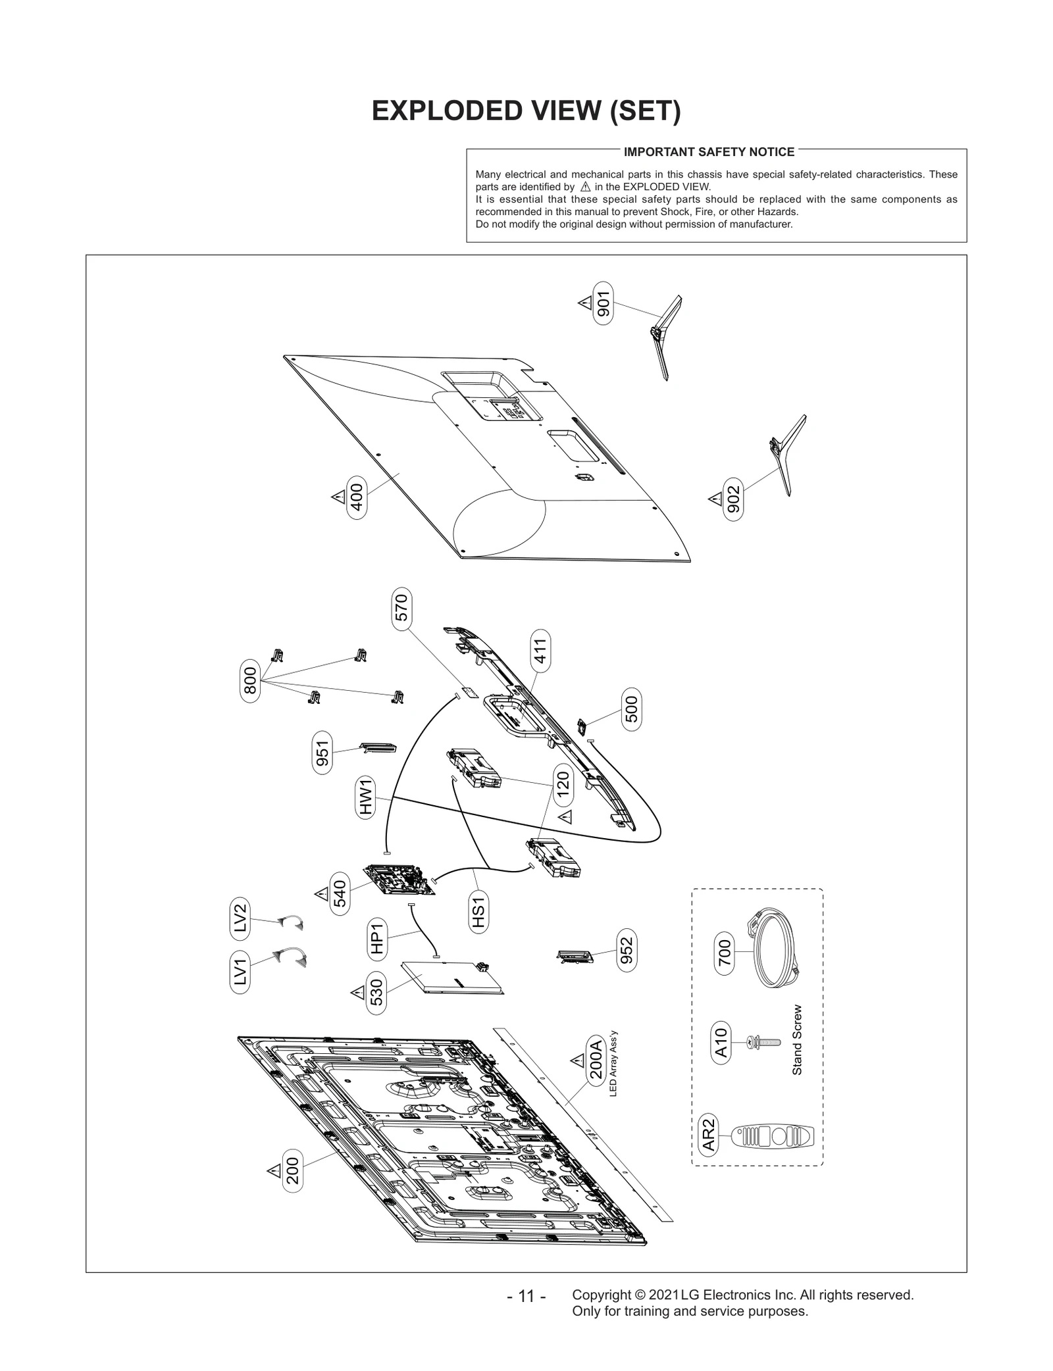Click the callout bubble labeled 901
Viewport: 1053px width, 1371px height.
point(603,303)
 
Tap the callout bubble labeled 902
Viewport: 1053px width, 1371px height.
point(733,499)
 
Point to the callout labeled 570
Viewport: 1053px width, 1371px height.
point(401,608)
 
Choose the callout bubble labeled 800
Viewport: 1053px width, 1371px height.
point(250,680)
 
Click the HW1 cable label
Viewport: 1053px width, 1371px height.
point(366,796)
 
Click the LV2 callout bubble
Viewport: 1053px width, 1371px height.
point(241,916)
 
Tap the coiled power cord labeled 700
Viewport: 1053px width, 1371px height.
point(773,947)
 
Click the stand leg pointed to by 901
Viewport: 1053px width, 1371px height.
point(666,336)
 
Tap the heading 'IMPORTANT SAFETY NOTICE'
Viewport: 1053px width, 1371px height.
point(709,152)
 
